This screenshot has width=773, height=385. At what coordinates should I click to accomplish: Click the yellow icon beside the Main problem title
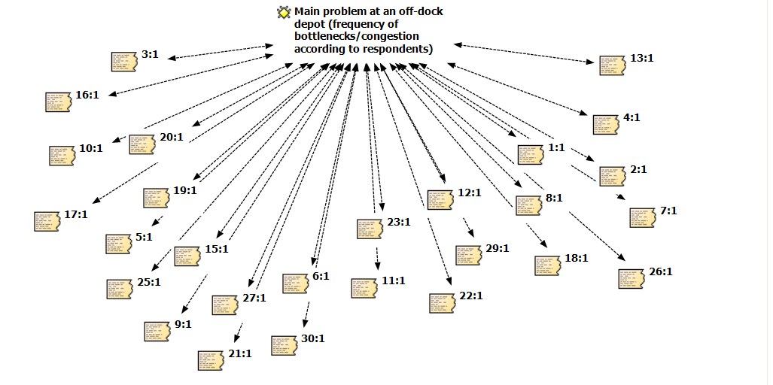pos(283,12)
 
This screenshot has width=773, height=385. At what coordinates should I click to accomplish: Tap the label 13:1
pos(642,58)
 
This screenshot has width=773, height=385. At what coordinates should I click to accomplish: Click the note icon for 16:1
pos(59,102)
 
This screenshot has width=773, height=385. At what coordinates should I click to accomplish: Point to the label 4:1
pos(631,118)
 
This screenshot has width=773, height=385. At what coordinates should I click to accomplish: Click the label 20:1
pos(172,137)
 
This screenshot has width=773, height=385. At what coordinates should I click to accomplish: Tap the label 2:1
pos(638,169)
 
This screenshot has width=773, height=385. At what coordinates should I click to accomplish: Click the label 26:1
pos(660,271)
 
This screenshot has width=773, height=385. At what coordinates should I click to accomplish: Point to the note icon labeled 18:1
pos(548,265)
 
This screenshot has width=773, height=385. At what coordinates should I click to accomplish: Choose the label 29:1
pos(498,248)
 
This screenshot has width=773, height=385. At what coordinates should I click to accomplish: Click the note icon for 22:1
pos(441,303)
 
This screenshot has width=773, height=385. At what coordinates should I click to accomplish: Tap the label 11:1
pos(394,280)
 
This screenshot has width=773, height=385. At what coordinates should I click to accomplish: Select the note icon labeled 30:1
pos(284,344)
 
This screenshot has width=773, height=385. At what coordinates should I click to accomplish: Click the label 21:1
pos(240,353)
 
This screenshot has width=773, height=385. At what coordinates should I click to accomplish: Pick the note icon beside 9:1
pos(157,331)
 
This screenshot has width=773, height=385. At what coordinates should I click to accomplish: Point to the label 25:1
pos(149,282)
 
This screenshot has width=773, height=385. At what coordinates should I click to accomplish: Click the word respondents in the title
pos(397,50)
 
